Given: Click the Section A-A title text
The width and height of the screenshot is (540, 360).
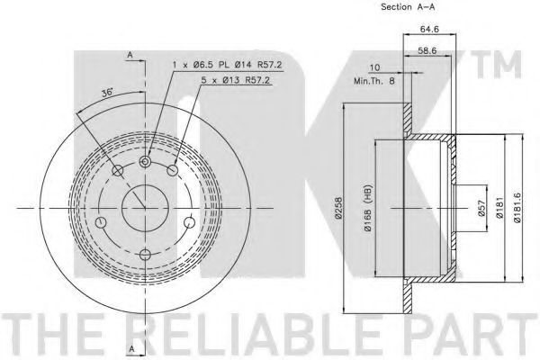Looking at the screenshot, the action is pos(408,7).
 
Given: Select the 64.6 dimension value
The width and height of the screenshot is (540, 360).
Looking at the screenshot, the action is pos(429,30).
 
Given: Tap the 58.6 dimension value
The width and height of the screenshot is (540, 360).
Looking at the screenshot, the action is pos(427,50).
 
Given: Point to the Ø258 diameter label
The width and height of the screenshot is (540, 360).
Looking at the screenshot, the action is pos(339,208).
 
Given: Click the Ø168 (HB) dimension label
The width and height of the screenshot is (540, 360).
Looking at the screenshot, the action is pos(368,208).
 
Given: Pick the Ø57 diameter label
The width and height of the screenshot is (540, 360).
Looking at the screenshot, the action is pos(481,208).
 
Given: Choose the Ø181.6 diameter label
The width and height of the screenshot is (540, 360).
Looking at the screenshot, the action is pos(517,208).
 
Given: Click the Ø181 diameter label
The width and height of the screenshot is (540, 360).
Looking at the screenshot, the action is pos(499,208).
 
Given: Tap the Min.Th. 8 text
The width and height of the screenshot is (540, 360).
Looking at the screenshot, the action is pos(374,81).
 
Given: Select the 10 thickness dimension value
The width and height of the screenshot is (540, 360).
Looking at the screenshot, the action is pos(374,67).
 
